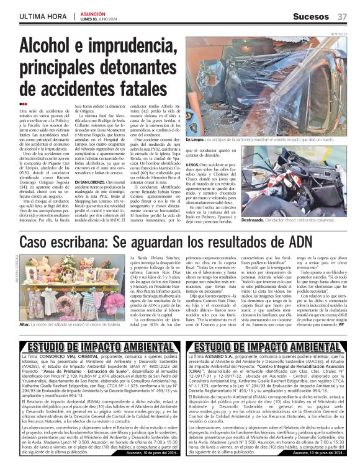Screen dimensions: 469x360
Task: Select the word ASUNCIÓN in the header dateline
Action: [92, 13]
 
